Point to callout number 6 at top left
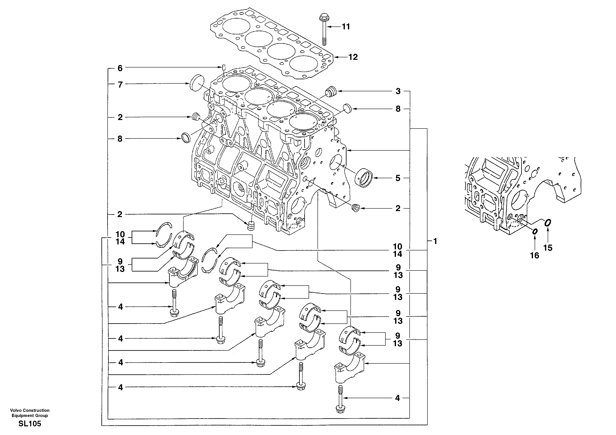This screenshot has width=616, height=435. (120, 68)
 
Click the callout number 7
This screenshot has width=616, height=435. (120, 85)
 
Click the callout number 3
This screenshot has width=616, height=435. (398, 91)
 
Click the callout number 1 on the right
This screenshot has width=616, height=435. (435, 241)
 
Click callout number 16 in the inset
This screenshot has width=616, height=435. (534, 256)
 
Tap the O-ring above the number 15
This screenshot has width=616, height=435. (547, 223)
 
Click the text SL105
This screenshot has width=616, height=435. (30, 424)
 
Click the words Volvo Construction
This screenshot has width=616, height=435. (30, 410)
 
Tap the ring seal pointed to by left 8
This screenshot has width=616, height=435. (186, 137)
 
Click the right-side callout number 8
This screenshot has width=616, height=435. (398, 109)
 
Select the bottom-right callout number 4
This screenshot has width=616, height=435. (397, 398)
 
